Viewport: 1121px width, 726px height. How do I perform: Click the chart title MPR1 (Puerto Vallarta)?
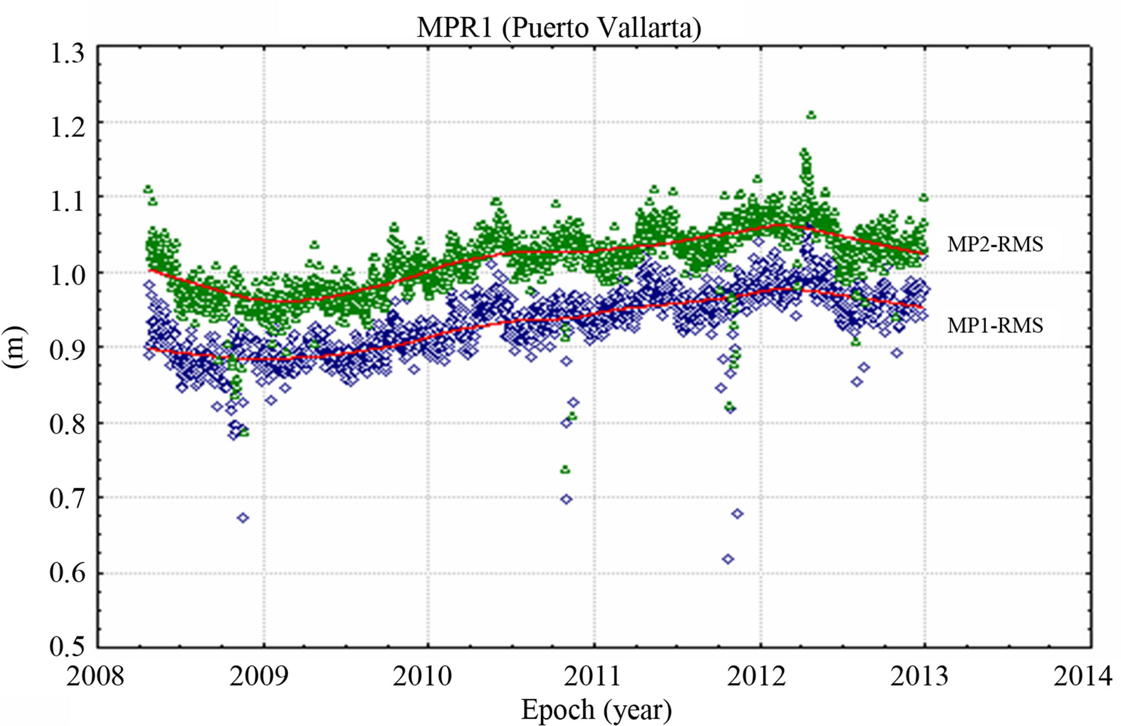558,27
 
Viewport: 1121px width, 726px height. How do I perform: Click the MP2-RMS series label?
994,244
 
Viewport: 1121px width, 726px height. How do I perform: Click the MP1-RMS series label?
994,326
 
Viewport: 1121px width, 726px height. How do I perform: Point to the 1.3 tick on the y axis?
67,53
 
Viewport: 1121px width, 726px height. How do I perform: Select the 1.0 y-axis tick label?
67,275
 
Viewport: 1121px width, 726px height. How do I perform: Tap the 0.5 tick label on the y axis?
67,646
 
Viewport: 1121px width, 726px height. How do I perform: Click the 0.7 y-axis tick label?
67,498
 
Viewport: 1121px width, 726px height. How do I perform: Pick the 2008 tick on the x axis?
95,676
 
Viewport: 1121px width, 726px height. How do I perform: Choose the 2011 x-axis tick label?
592,676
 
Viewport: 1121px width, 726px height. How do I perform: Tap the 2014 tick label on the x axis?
1082,676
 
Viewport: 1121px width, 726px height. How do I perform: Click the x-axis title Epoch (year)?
596,709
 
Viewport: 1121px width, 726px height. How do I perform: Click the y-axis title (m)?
15,347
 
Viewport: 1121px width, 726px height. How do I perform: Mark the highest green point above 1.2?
811,115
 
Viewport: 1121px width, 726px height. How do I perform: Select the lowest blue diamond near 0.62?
728,559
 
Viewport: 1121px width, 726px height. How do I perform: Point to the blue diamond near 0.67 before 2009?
242,518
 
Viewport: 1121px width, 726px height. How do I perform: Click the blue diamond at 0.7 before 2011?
566,499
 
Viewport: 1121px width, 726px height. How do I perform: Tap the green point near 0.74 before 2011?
565,470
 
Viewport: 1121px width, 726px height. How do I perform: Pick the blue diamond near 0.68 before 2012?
737,513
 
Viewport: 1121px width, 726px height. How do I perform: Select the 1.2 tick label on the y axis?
67,127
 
